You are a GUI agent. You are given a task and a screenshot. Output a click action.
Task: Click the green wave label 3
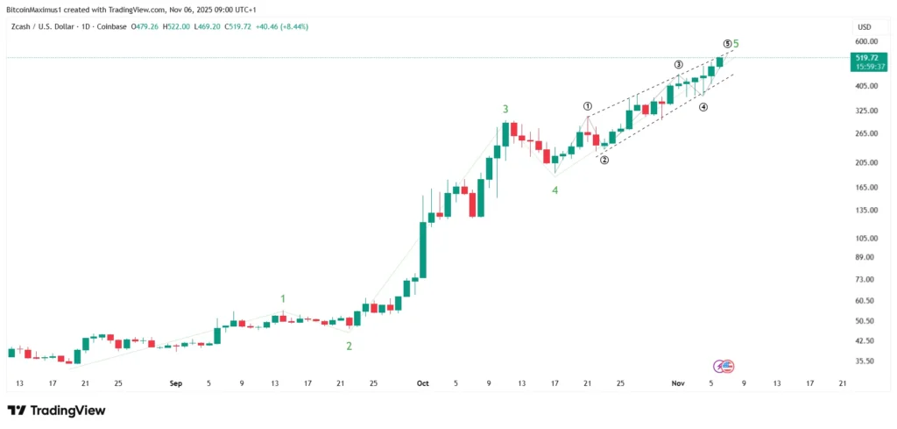pos(505,109)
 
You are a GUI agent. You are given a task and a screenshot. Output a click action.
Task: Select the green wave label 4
pos(554,189)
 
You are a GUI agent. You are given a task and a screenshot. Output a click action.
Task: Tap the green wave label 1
pos(283,299)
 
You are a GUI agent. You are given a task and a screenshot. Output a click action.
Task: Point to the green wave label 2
pos(349,346)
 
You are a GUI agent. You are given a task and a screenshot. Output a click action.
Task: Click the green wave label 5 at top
pos(736,44)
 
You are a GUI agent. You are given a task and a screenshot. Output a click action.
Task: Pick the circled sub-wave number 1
pos(588,106)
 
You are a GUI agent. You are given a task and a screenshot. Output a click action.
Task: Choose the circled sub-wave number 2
pos(604,159)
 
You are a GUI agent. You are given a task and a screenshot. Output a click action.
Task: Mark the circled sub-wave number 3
pos(678,65)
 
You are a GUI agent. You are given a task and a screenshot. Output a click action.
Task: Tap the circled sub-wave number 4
pos(703,107)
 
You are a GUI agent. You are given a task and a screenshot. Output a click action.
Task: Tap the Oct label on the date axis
pos(423,383)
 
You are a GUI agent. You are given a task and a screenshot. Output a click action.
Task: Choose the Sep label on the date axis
pos(175,383)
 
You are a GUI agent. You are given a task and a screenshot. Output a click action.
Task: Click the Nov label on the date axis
pos(677,383)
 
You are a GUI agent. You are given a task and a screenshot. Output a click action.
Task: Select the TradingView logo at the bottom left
pos(56,411)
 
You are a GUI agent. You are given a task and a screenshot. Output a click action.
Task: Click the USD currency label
pos(864,26)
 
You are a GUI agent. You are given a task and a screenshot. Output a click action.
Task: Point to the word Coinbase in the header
pos(109,26)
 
